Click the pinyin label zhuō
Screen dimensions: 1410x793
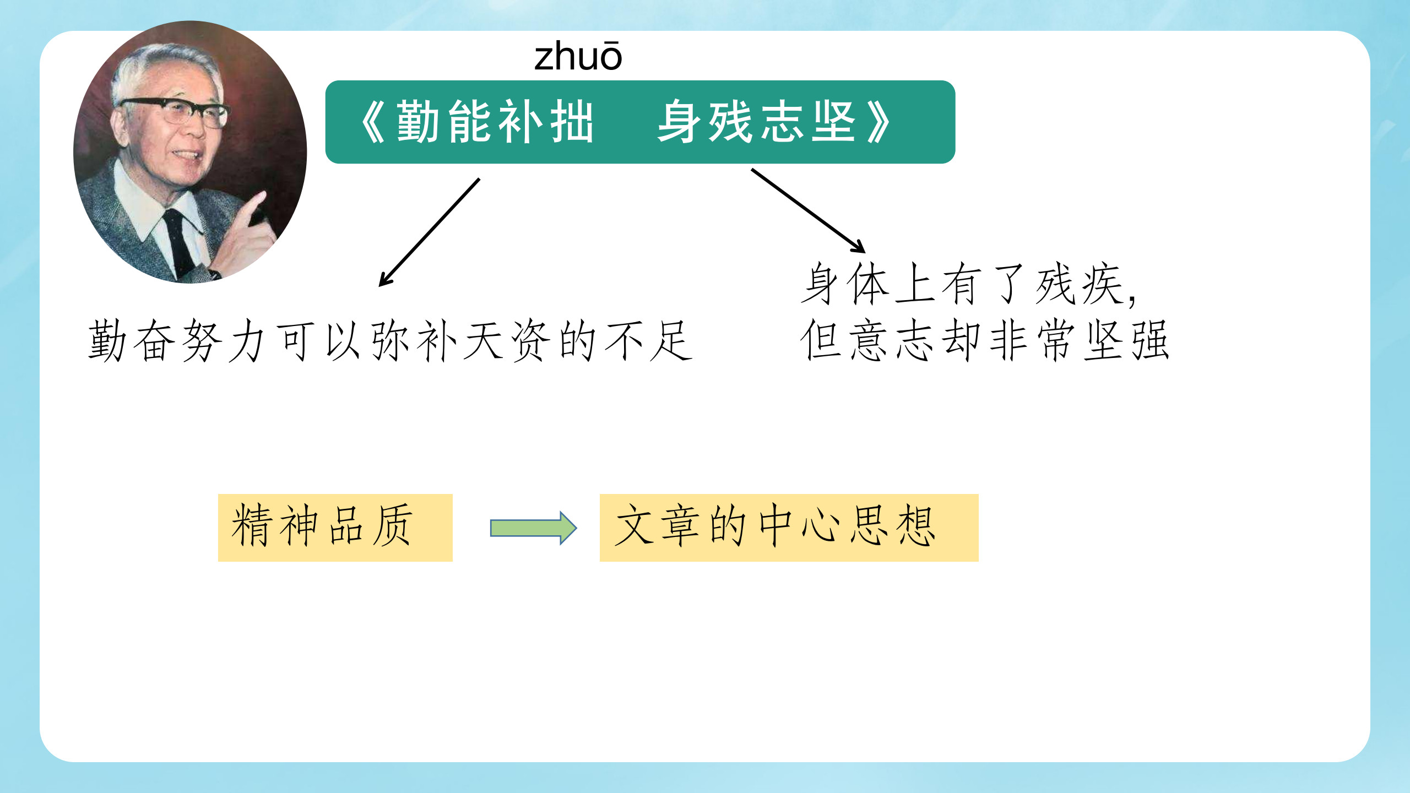coord(578,57)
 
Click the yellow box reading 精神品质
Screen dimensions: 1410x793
coord(335,527)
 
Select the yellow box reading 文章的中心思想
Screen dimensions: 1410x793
coord(788,527)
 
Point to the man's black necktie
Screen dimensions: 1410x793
coord(179,242)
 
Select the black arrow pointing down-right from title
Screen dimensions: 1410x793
coord(808,210)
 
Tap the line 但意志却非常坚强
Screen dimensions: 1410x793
coord(984,341)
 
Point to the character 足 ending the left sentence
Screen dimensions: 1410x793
coord(671,341)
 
